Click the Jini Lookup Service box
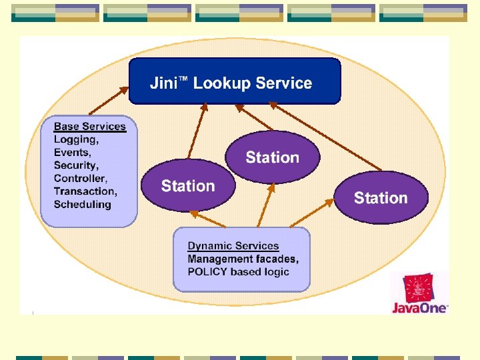pyautogui.click(x=234, y=81)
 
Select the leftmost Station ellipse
pyautogui.click(x=188, y=186)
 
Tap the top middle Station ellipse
pyautogui.click(x=272, y=157)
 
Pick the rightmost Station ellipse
pyautogui.click(x=381, y=197)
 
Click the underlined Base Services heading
pyautogui.click(x=89, y=126)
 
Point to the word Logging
pyautogui.click(x=75, y=139)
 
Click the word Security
pyautogui.click(x=75, y=165)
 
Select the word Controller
pyautogui.click(x=79, y=178)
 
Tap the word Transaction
pyautogui.click(x=85, y=191)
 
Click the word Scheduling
pyautogui.click(x=82, y=204)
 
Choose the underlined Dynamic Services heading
pyautogui.click(x=233, y=246)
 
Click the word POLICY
pyautogui.click(x=207, y=271)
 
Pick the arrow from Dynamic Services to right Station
pyautogui.click(x=309, y=213)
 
